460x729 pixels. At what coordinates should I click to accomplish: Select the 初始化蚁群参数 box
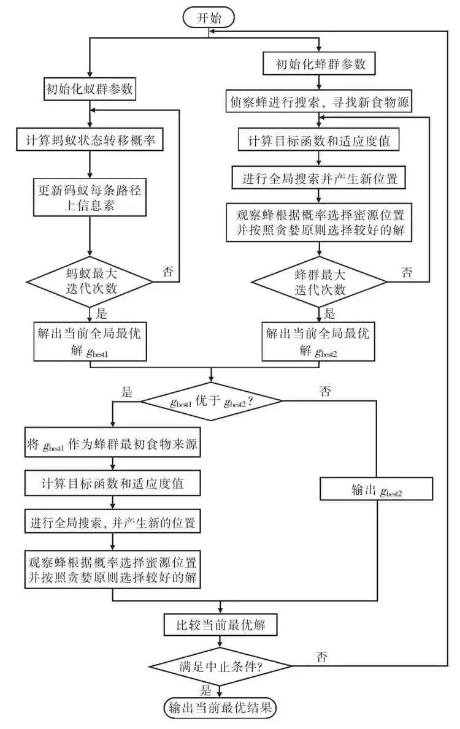click(x=90, y=90)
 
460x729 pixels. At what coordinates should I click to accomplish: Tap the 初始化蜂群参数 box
click(x=319, y=63)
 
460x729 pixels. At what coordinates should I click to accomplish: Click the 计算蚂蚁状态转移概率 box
click(x=90, y=140)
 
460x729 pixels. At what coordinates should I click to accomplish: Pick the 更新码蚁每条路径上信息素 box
click(x=90, y=196)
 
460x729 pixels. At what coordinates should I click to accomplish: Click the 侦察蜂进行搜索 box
click(x=318, y=102)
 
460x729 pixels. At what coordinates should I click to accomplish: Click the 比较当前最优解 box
click(x=219, y=625)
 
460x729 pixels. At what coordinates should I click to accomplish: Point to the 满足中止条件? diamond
click(x=219, y=665)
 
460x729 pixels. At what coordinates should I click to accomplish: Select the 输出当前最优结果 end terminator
click(x=220, y=708)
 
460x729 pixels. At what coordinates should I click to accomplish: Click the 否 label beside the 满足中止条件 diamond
click(x=321, y=658)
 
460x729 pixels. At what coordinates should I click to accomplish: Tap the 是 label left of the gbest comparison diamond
click(x=127, y=392)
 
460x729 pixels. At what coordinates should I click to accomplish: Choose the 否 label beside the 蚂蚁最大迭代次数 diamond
click(x=167, y=272)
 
